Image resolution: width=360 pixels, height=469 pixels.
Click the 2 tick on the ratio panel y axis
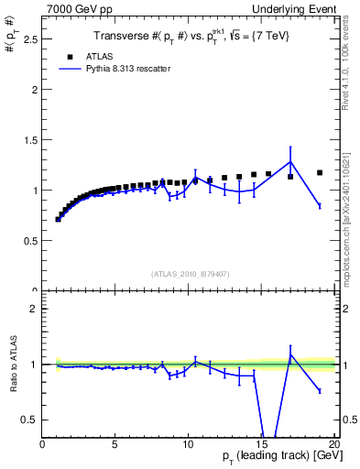(34, 309)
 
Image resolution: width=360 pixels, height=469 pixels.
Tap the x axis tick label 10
(188, 444)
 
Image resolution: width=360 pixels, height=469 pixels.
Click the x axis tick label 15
(260, 444)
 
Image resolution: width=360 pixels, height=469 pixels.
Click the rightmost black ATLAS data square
(320, 172)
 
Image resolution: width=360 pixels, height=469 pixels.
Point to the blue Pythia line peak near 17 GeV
(290, 162)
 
